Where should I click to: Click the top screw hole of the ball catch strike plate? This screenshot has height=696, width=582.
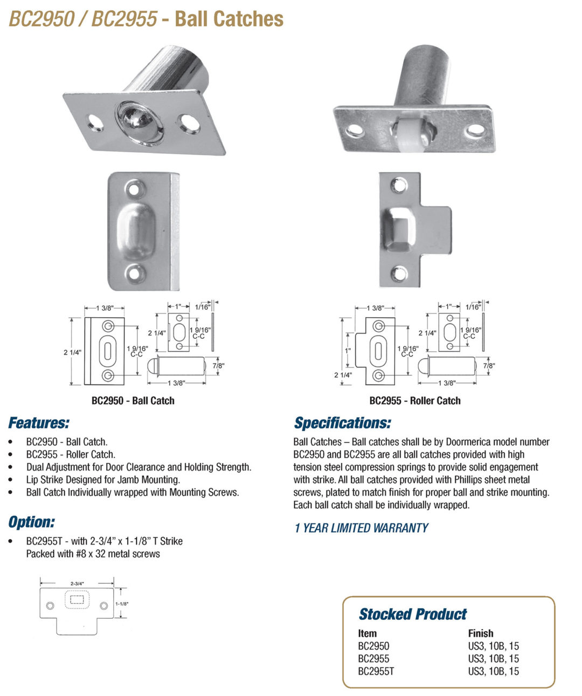pyautogui.click(x=135, y=189)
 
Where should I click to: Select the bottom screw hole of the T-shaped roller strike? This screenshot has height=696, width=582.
pyautogui.click(x=399, y=274)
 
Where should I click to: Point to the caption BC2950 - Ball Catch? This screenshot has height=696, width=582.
pyautogui.click(x=133, y=401)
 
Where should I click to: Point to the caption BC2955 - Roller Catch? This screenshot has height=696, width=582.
pyautogui.click(x=415, y=401)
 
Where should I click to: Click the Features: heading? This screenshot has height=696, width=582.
pyautogui.click(x=39, y=423)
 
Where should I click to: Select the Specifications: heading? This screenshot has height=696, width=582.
pyautogui.click(x=342, y=423)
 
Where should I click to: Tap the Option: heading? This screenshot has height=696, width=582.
pyautogui.click(x=31, y=522)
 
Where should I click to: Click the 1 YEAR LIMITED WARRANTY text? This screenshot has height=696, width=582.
pyautogui.click(x=361, y=528)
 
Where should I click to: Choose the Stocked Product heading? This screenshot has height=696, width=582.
pyautogui.click(x=413, y=614)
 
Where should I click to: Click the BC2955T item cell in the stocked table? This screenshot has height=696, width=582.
pyautogui.click(x=376, y=672)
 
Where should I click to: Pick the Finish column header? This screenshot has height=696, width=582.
pyautogui.click(x=481, y=633)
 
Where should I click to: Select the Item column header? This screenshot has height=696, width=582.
pyautogui.click(x=367, y=633)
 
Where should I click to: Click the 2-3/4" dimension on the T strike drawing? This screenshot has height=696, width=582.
pyautogui.click(x=77, y=583)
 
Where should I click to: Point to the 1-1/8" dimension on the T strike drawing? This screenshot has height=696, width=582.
pyautogui.click(x=122, y=604)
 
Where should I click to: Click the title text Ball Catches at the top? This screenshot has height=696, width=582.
pyautogui.click(x=229, y=19)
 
